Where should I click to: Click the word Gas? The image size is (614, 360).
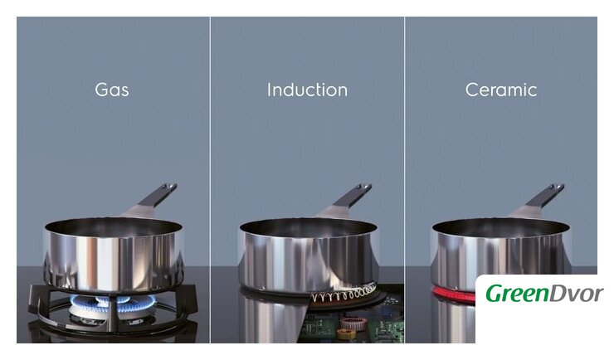click(x=112, y=90)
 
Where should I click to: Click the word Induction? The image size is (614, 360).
click(x=307, y=90)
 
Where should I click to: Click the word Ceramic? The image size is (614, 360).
click(x=501, y=90)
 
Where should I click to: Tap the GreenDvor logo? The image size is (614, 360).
click(x=544, y=293)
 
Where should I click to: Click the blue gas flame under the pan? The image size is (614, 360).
click(x=112, y=303)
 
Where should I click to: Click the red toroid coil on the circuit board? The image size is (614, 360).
click(x=353, y=323)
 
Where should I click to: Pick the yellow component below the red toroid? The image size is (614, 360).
click(x=346, y=333)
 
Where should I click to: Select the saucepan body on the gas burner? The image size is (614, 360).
click(x=113, y=255)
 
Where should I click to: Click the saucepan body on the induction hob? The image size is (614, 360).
click(x=308, y=255)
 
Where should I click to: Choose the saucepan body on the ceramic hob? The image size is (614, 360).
click(x=500, y=255)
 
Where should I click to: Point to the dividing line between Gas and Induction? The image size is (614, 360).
click(x=210, y=180)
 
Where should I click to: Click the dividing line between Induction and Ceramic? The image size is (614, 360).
click(x=405, y=180)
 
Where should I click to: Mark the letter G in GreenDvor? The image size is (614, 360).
click(x=495, y=293)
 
